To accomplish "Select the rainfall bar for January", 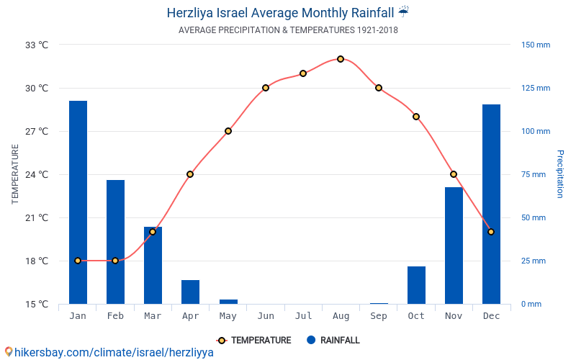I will tap(78, 202).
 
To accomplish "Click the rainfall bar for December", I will tap(491, 204).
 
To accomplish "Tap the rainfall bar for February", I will tap(115, 242).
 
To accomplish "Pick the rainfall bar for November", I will tap(454, 246).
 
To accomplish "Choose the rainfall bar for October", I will tap(416, 285).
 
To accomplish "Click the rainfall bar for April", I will tap(190, 292).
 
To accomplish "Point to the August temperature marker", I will tap(341, 59).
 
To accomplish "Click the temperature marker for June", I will tap(266, 88).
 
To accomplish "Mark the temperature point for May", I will tap(228, 131).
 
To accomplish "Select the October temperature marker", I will tap(416, 117).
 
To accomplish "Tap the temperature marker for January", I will tap(78, 261).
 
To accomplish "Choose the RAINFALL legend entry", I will tap(333, 341).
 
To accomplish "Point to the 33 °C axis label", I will tap(37, 45).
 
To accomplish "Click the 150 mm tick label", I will tap(536, 45).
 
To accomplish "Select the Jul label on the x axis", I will tap(303, 315).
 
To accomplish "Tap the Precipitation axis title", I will tap(560, 174).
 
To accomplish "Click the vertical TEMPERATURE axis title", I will tap(15, 174).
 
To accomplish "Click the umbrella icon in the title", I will tap(403, 12).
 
